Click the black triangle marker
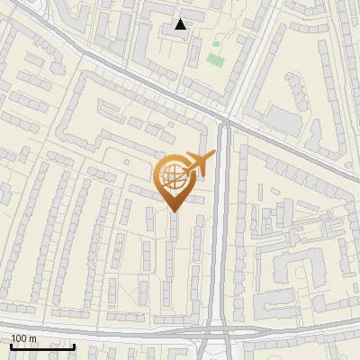(181, 24)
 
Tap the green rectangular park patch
(214, 59)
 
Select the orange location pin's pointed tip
(172, 211)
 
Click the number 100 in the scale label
(18, 338)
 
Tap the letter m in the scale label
(32, 338)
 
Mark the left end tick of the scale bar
(10, 346)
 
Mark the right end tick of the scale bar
(75, 346)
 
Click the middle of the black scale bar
(42, 347)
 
